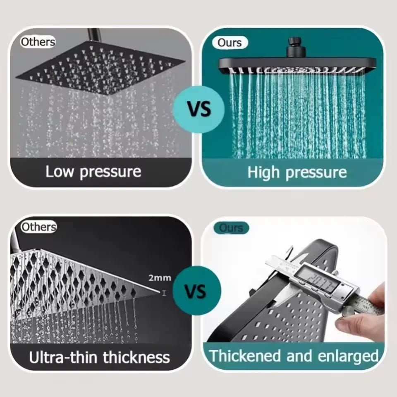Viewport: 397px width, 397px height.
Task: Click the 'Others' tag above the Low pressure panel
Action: point(38,41)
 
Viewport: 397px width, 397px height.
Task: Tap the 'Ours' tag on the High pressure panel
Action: point(230,42)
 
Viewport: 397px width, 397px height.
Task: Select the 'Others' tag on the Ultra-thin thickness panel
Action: point(38,227)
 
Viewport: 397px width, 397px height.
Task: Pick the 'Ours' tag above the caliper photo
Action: point(231,228)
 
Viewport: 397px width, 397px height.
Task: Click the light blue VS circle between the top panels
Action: point(199,109)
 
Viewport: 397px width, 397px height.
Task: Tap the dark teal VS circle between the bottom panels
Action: point(195,291)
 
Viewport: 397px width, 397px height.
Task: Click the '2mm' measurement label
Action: point(160,278)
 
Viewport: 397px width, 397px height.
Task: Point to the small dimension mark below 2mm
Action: point(164,293)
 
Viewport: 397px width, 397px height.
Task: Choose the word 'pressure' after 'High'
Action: point(317,172)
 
